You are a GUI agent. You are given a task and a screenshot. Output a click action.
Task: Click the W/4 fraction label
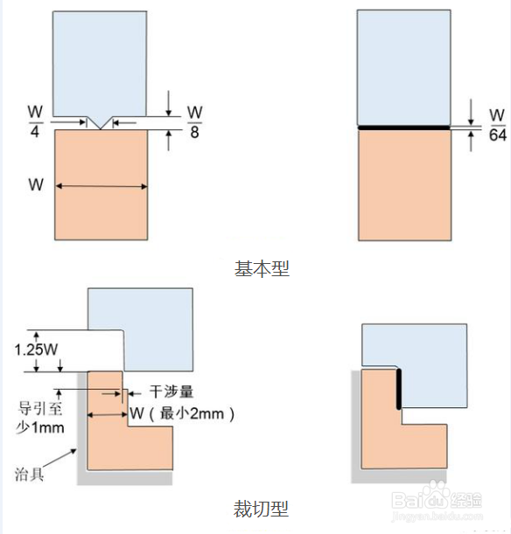pyautogui.click(x=35, y=121)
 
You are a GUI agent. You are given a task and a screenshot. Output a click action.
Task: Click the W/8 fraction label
pyautogui.click(x=194, y=122)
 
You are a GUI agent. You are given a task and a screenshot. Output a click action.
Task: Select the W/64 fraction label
pyautogui.click(x=497, y=125)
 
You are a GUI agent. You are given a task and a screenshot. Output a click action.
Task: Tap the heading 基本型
pyautogui.click(x=262, y=268)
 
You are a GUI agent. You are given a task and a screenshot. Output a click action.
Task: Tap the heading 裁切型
pyautogui.click(x=261, y=510)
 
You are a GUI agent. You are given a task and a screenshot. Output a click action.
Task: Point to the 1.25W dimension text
pyautogui.click(x=36, y=350)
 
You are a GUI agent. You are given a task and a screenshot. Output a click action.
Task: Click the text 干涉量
pyautogui.click(x=171, y=392)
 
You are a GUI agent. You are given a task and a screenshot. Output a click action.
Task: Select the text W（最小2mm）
pyautogui.click(x=182, y=413)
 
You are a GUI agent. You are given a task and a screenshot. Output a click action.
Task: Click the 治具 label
pyautogui.click(x=30, y=474)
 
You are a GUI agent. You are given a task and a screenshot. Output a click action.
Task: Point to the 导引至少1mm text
pyautogui.click(x=40, y=418)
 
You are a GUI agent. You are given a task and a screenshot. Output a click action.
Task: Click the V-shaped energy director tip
pyautogui.click(x=101, y=129)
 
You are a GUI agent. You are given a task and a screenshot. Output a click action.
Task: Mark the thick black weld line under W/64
pyautogui.click(x=404, y=128)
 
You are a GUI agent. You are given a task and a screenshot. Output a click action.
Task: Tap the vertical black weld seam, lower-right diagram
pyautogui.click(x=399, y=389)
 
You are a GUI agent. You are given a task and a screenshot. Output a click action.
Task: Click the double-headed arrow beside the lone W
pyautogui.click(x=101, y=186)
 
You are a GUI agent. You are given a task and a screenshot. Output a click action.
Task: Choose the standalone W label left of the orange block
pyautogui.click(x=36, y=184)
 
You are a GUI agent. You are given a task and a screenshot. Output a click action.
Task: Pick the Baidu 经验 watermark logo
pyautogui.click(x=437, y=500)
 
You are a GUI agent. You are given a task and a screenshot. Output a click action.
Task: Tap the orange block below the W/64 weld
pyautogui.click(x=404, y=185)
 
